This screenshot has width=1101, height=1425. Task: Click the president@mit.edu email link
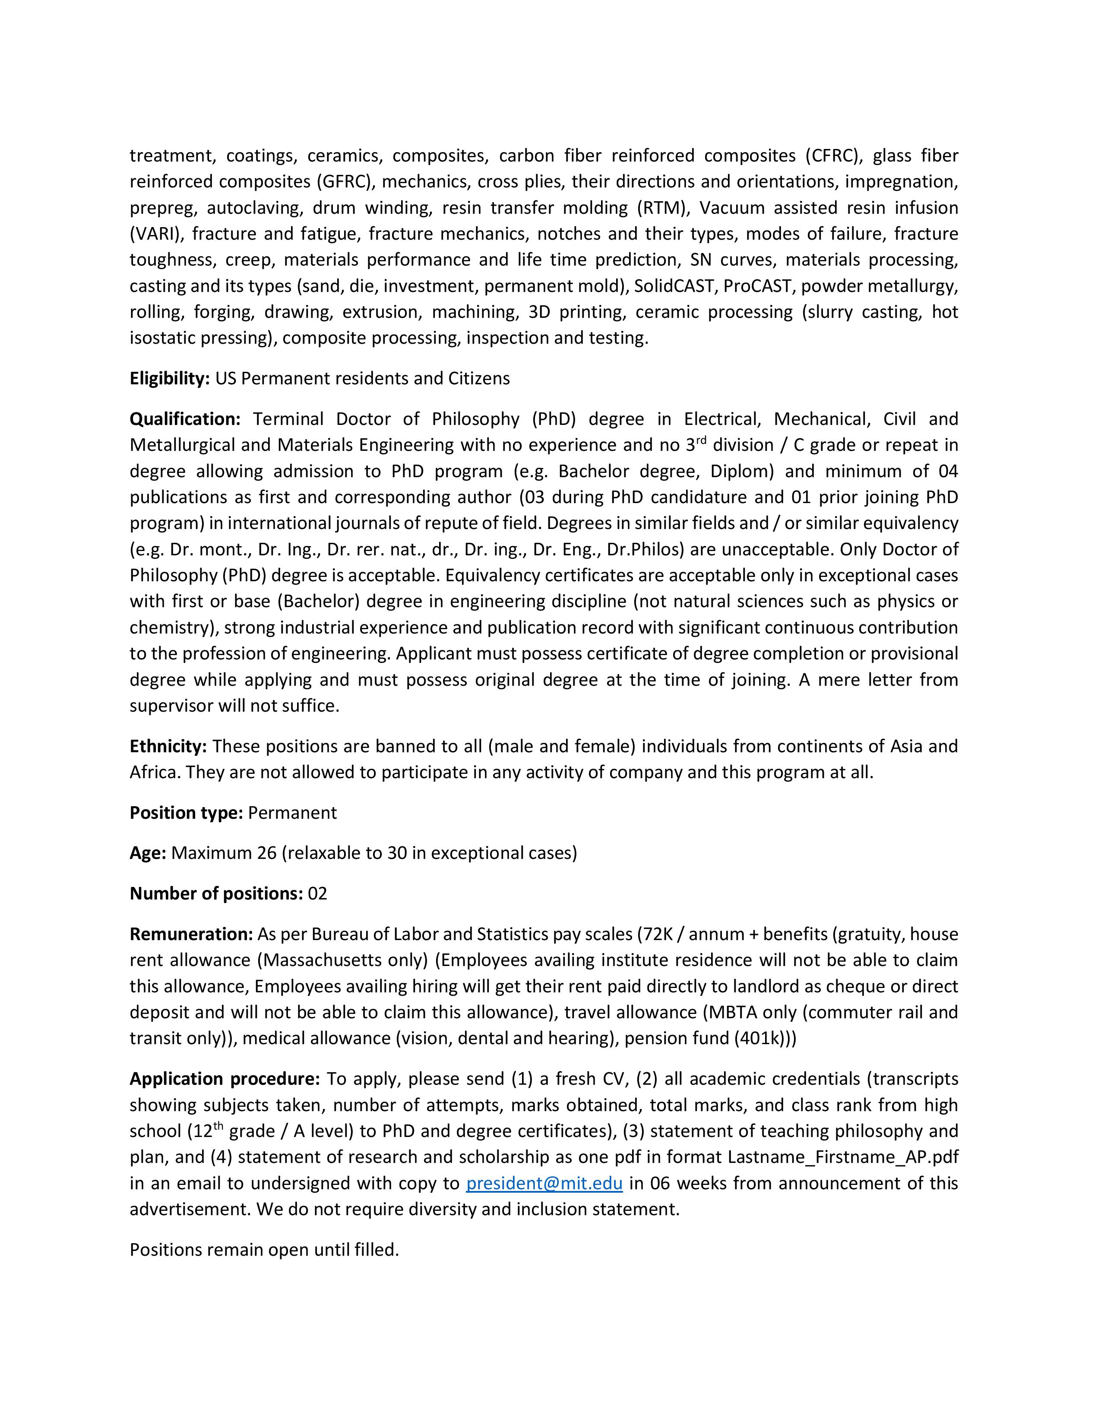[x=544, y=1183]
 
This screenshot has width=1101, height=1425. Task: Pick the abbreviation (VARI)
[x=157, y=234]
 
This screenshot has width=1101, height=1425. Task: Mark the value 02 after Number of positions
[x=318, y=893]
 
